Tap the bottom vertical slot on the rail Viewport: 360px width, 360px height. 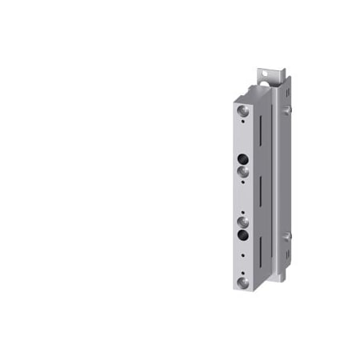(x=259, y=248)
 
